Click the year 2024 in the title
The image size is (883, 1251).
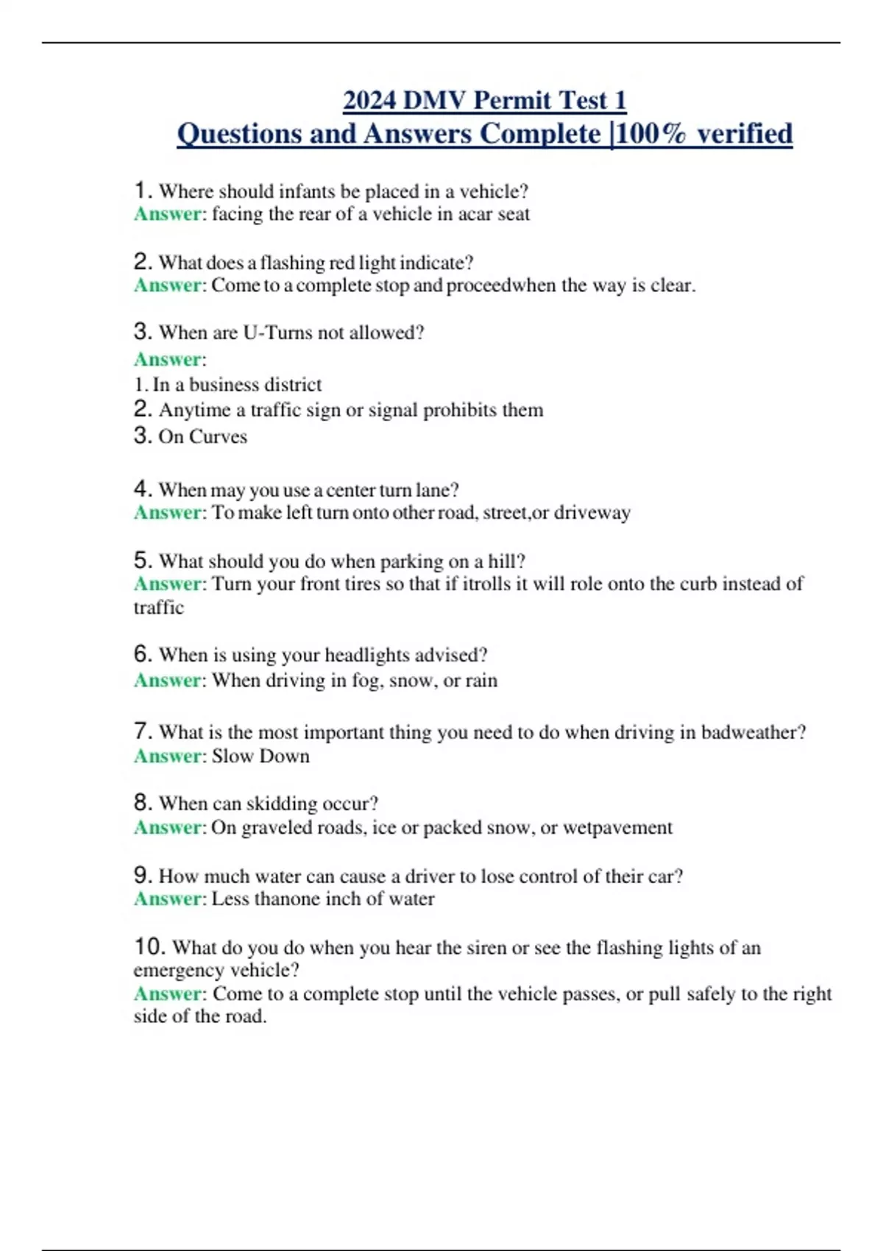pos(369,100)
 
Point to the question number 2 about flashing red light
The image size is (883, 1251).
pos(143,262)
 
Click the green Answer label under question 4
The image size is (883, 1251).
pos(168,513)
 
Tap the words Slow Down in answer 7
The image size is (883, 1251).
pos(260,756)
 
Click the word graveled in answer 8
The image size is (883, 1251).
pos(277,828)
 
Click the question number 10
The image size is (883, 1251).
pos(149,947)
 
